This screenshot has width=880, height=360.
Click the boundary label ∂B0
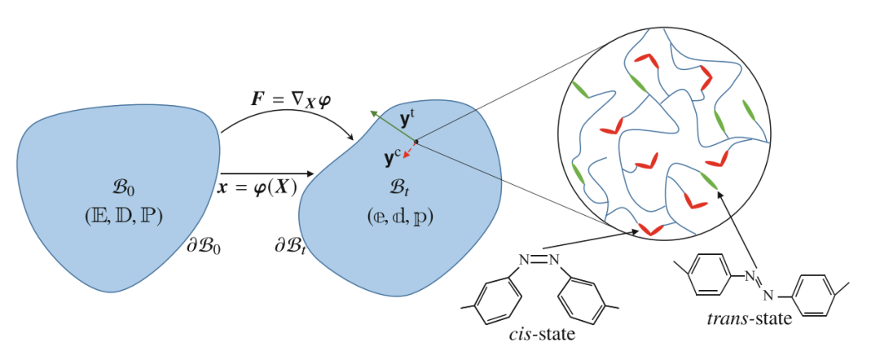tap(204, 246)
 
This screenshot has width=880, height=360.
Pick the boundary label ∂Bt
tap(289, 246)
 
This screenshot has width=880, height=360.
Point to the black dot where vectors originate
tap(416, 141)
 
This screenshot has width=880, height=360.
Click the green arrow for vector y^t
tap(393, 126)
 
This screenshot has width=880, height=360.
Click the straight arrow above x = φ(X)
tap(267, 173)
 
